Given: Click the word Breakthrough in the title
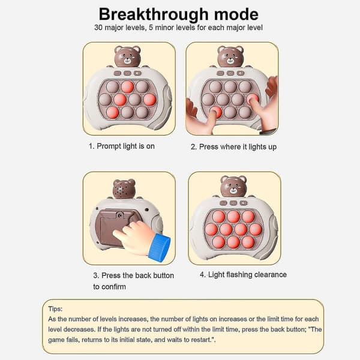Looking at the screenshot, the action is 154,14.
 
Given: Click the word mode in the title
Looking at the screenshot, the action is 236,14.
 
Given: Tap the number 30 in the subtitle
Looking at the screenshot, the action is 98,28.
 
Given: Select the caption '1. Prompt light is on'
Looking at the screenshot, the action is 122,146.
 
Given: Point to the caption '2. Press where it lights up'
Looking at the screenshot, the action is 233,147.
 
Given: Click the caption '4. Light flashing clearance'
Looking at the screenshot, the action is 243,275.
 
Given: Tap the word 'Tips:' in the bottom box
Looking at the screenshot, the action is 55,309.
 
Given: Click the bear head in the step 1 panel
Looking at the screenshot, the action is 127,56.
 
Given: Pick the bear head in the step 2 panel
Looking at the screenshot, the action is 230,56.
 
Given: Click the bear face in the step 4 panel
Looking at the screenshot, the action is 233,187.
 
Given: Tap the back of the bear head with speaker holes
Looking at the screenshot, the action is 124,189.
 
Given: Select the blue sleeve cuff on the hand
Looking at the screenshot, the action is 160,247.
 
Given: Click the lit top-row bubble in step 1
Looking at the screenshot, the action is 127,87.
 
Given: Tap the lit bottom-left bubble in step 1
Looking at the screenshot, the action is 113,113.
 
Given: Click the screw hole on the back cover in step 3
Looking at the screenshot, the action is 119,215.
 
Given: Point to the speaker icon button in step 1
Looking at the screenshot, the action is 138,73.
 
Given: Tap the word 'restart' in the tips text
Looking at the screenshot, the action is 201,340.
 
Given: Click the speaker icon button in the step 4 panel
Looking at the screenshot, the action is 244,203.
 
